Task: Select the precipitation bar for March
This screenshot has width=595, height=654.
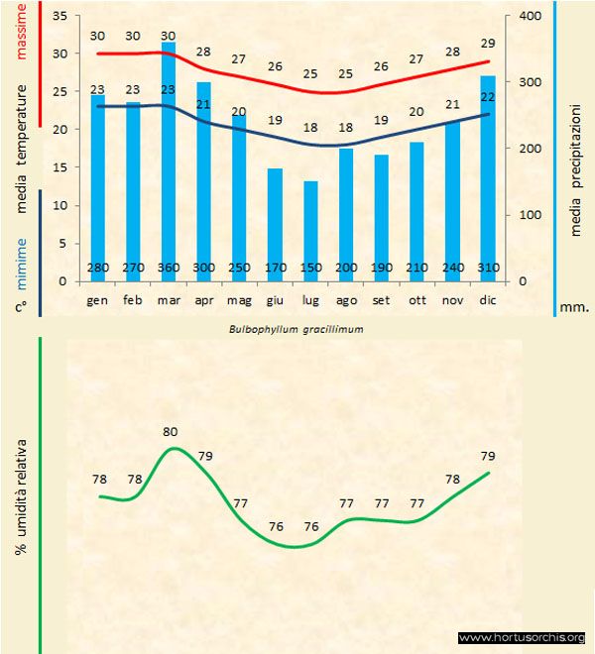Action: pos(168,159)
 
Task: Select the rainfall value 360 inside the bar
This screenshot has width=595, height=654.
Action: pos(168,268)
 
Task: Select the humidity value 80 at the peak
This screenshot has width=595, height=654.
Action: pos(170,432)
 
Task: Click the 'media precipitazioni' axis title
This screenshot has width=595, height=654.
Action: pos(576,174)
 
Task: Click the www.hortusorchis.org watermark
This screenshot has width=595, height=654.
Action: pos(523,637)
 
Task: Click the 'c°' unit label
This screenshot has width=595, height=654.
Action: pos(22,307)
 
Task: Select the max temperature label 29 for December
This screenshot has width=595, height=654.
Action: pos(487,45)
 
